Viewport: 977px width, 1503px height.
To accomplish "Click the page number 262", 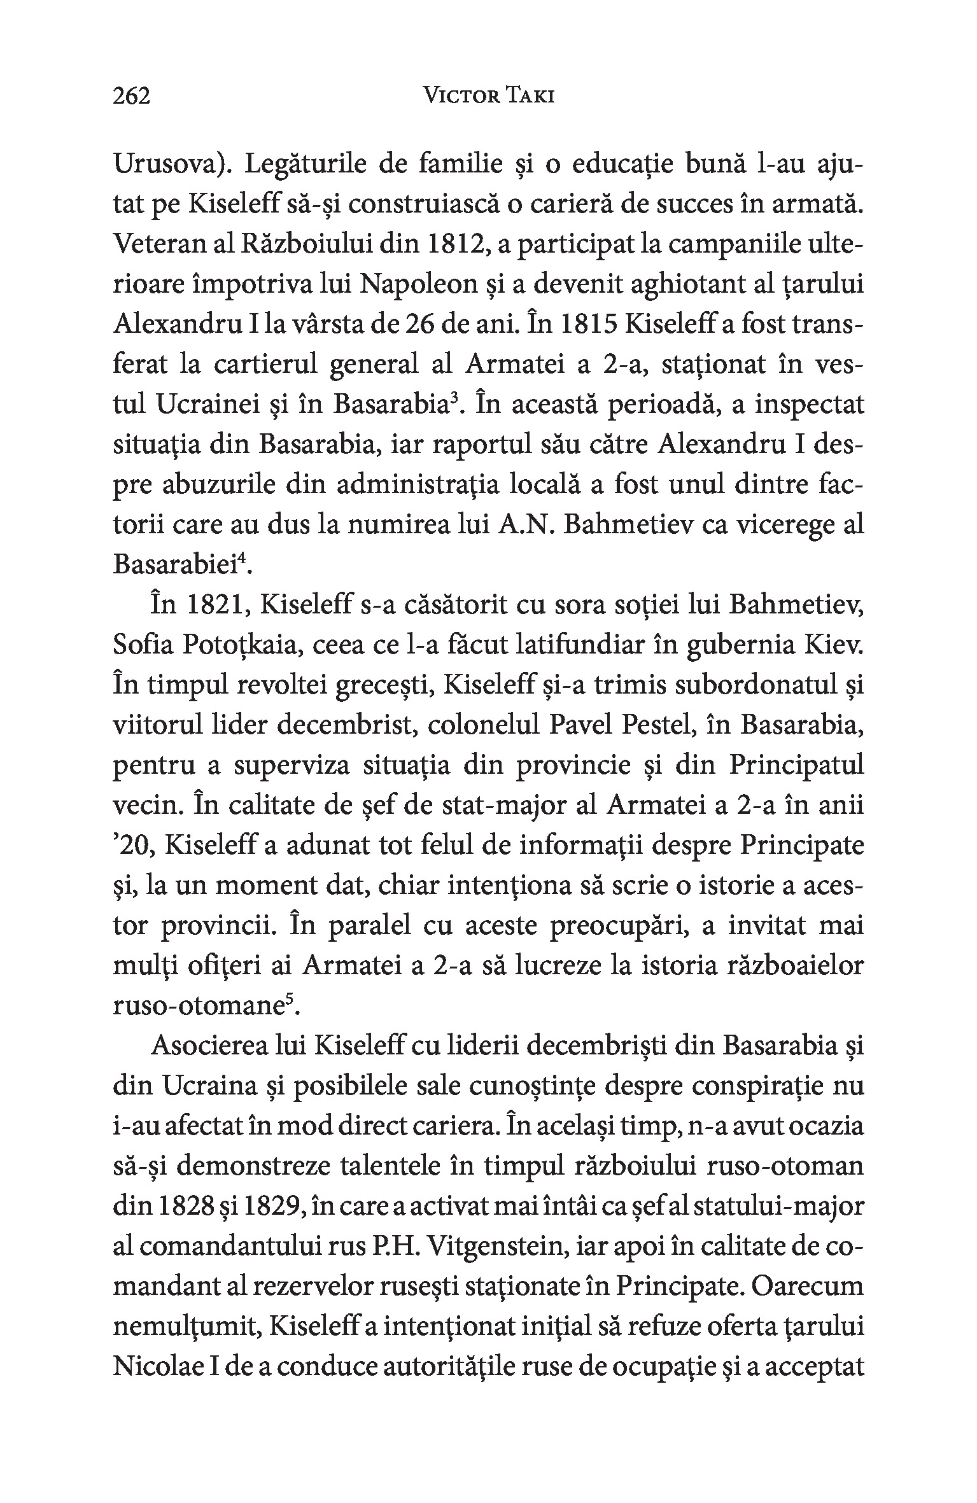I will point(131,96).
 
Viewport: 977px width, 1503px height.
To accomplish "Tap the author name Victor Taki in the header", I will point(489,96).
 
